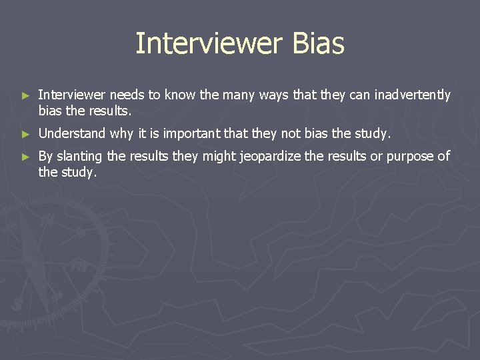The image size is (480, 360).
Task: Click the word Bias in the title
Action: point(317,44)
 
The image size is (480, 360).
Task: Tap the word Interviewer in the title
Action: point(209,44)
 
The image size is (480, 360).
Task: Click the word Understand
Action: point(72,133)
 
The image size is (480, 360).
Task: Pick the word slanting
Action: point(79,157)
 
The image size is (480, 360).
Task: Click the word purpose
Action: point(412,157)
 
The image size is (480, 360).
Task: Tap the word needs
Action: point(125,95)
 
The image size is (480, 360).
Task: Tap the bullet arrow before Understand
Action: point(26,134)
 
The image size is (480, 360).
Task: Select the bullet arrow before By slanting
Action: point(26,157)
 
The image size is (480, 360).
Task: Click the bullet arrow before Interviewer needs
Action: point(26,96)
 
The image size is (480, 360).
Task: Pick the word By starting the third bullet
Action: point(45,157)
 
